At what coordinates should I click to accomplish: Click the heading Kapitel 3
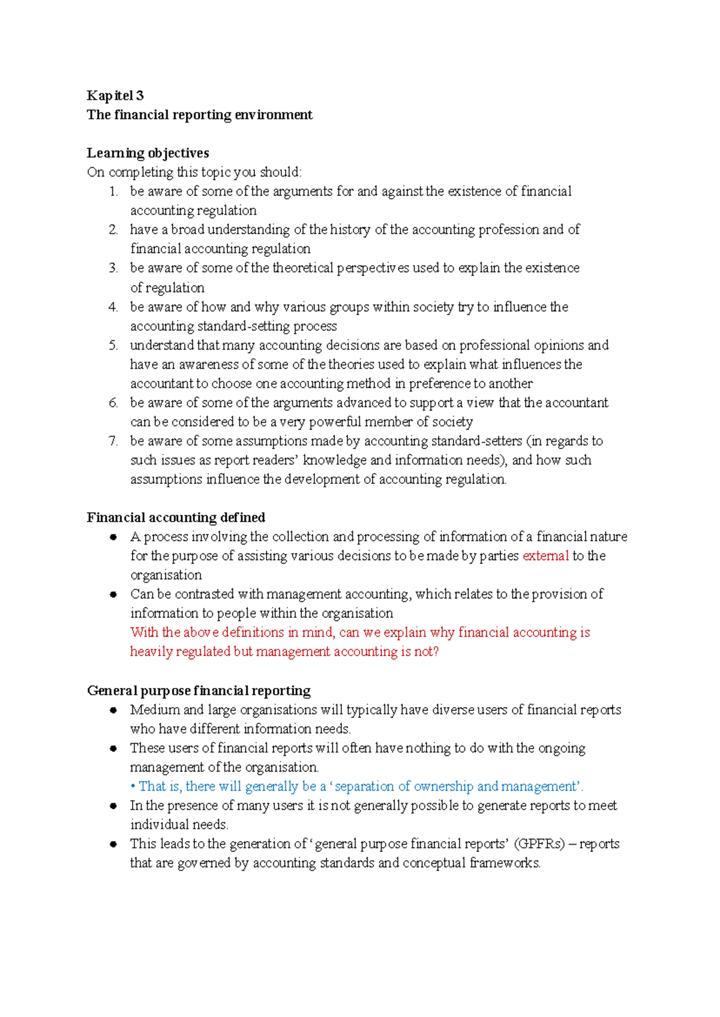tap(115, 95)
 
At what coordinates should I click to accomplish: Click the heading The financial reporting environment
tap(199, 115)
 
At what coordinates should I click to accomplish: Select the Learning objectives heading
tap(148, 153)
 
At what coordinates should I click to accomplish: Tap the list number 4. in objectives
tap(113, 307)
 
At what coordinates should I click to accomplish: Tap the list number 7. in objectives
tap(113, 441)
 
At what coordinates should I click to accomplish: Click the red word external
tap(545, 556)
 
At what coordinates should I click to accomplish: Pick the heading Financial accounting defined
tap(176, 518)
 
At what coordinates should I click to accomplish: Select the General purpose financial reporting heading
tap(199, 690)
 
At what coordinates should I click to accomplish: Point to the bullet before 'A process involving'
tap(113, 537)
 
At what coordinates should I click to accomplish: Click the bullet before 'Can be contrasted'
tap(113, 594)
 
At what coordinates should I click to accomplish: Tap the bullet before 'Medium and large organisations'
tap(113, 710)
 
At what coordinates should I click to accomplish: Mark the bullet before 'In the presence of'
tap(113, 806)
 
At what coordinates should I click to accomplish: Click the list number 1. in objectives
tap(113, 192)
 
